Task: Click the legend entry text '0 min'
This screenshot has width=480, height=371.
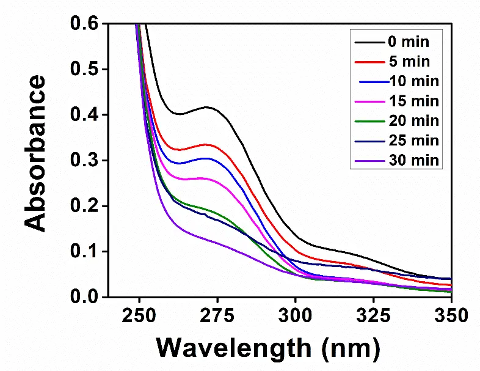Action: [x=408, y=42]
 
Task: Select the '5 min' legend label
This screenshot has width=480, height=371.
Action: [x=408, y=62]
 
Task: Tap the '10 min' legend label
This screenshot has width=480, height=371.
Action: [x=412, y=81]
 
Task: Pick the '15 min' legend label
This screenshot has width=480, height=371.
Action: [x=412, y=101]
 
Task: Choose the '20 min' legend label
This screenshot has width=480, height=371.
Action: [x=412, y=121]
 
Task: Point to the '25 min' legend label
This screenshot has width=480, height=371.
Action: [x=412, y=141]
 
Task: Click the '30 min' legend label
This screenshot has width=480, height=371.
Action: [x=412, y=160]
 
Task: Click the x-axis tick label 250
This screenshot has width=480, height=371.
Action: [x=139, y=316]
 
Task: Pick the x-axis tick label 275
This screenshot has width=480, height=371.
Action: [x=217, y=316]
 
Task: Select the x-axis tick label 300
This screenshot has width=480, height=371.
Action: [x=296, y=316]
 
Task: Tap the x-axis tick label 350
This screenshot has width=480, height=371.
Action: [x=451, y=316]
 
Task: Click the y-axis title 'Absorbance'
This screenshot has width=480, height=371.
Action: [x=37, y=153]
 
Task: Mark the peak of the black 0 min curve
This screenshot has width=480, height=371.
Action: [x=208, y=108]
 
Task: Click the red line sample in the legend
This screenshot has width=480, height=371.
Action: [x=368, y=62]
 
